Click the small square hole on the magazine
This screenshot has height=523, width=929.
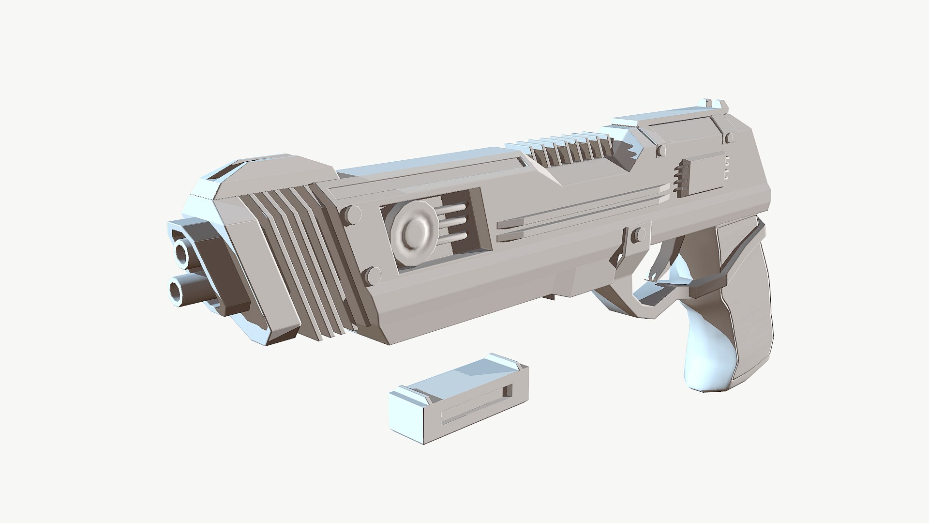[x=508, y=390]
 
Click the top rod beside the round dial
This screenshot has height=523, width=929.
[x=455, y=209]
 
